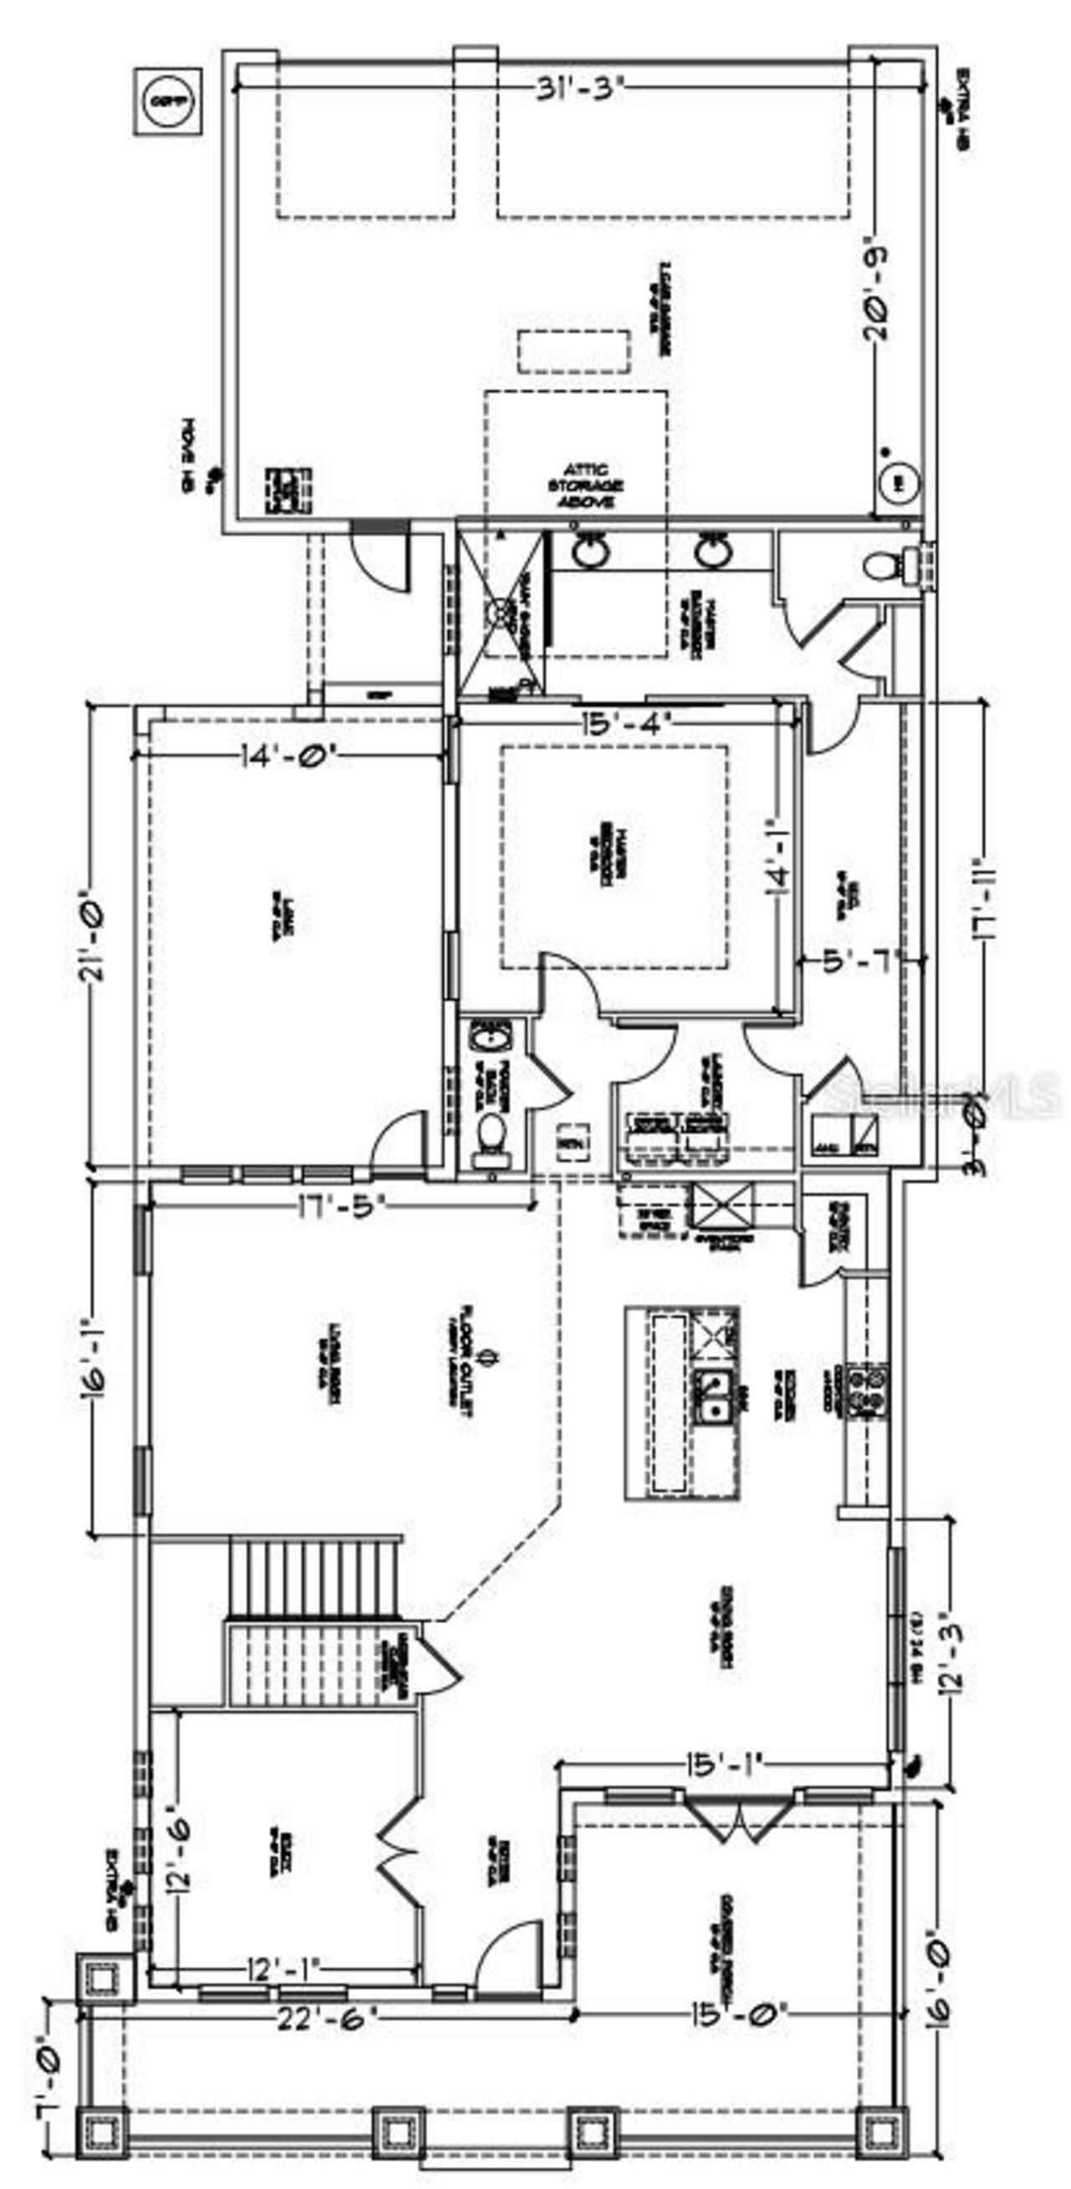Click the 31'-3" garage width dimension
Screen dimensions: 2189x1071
pos(580,90)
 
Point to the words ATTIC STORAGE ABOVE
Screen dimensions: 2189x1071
pos(587,485)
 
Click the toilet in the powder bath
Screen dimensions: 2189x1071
pos(491,1134)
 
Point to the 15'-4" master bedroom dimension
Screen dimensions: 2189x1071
pos(627,723)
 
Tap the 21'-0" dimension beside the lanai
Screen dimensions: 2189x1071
pos(94,935)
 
